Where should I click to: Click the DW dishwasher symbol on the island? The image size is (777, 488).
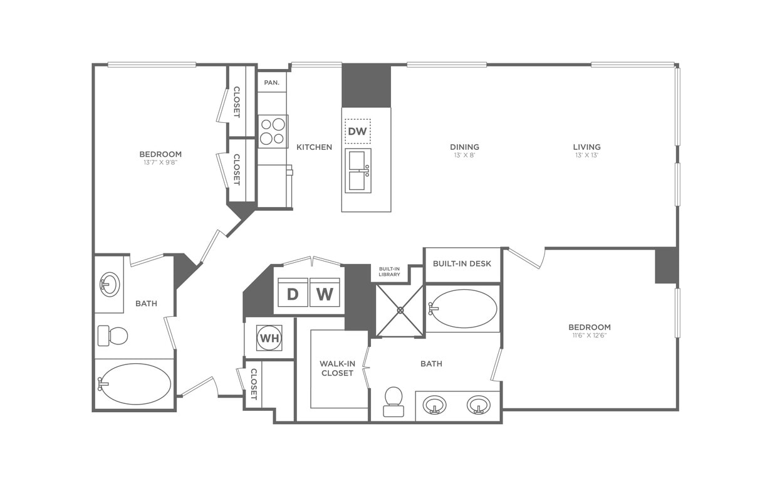tap(357, 132)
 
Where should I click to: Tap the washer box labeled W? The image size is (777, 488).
tap(325, 293)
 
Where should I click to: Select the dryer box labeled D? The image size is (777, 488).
tap(293, 293)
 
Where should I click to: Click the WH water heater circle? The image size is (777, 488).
tap(269, 338)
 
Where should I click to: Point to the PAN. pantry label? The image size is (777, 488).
tap(271, 82)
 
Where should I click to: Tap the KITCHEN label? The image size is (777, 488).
tap(314, 147)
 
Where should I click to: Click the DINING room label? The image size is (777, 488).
tap(464, 147)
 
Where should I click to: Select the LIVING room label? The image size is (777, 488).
tap(587, 147)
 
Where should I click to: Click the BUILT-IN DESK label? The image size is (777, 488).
tap(462, 263)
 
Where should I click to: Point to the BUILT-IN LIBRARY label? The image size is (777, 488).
tap(389, 272)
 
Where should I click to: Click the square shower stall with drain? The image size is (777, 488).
tap(400, 310)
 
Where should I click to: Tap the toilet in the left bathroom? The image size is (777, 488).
tap(113, 336)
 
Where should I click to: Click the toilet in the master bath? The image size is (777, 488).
tap(394, 401)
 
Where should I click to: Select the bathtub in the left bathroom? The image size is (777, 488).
tap(135, 384)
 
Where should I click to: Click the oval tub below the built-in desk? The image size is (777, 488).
tap(464, 309)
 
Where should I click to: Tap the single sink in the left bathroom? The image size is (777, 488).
tap(109, 285)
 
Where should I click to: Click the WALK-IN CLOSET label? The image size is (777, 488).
tap(337, 368)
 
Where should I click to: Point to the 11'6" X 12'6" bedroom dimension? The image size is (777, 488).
tap(589, 336)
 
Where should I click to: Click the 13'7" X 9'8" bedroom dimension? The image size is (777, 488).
tap(160, 162)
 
